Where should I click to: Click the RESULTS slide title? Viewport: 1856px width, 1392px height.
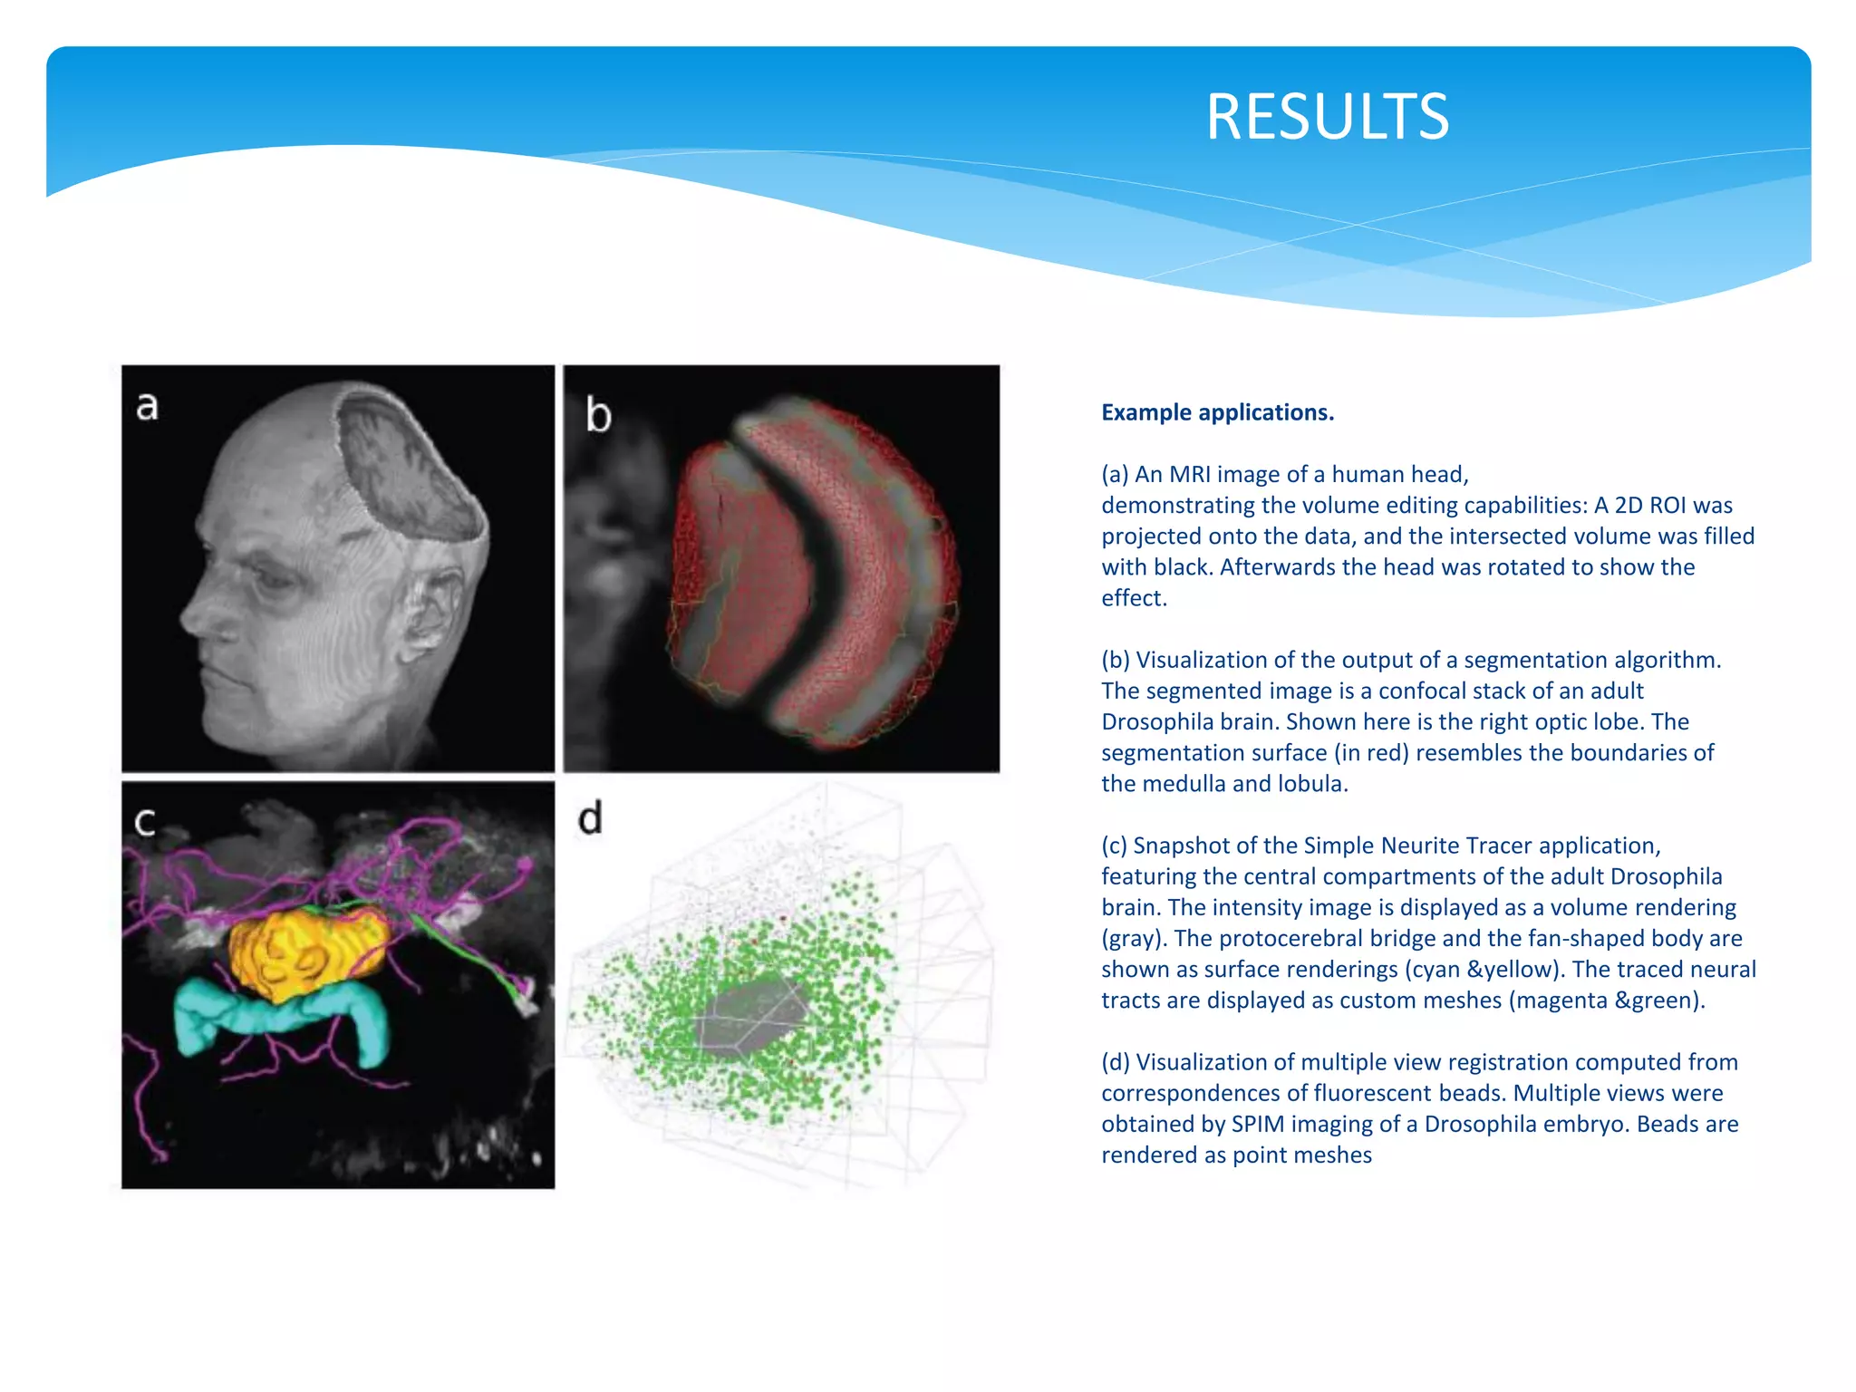click(x=1327, y=117)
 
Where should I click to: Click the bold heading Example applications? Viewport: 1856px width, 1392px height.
click(x=1217, y=412)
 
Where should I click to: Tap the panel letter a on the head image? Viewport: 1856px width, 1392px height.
click(x=147, y=405)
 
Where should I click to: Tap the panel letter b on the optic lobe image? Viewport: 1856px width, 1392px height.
click(x=598, y=415)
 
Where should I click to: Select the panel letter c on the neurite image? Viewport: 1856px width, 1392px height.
click(x=145, y=822)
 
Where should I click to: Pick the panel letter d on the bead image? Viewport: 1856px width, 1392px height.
click(x=590, y=818)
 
